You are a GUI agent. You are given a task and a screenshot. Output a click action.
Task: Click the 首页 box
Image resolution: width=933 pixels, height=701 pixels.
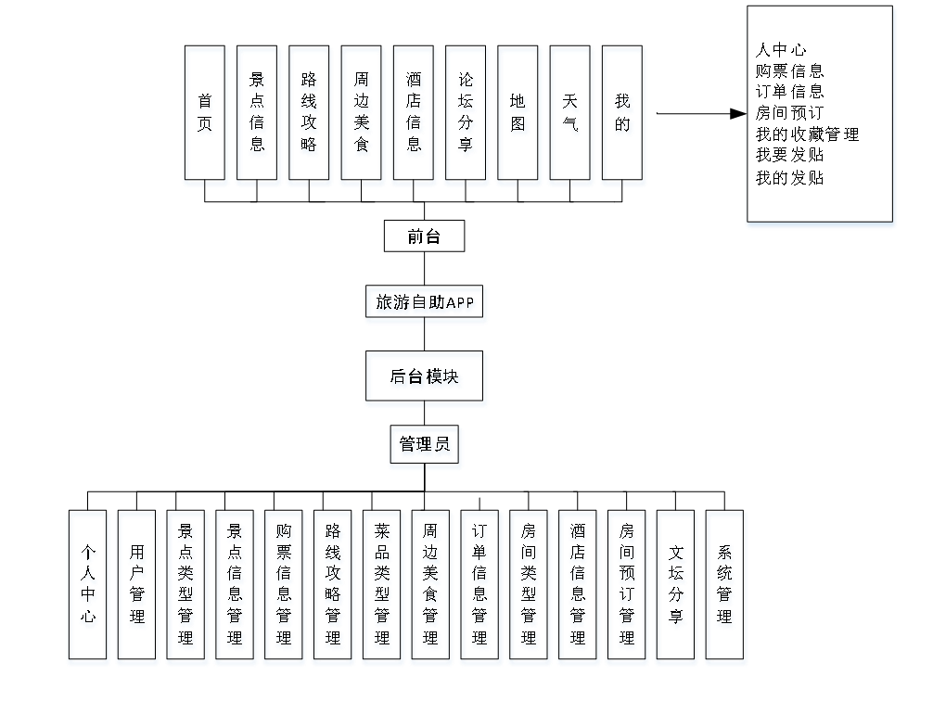pyautogui.click(x=206, y=116)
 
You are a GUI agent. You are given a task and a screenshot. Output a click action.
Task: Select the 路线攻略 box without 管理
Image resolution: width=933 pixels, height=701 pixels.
pyautogui.click(x=310, y=116)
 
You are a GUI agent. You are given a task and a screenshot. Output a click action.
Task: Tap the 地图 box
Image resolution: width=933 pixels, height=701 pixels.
pyautogui.click(x=519, y=116)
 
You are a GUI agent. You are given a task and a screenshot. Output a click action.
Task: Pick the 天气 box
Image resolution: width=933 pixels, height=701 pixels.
pyautogui.click(x=571, y=116)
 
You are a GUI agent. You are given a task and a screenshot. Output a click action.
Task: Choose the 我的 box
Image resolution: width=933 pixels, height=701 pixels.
pyautogui.click(x=624, y=116)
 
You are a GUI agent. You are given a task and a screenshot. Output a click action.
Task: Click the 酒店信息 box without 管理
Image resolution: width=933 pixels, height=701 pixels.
pyautogui.click(x=414, y=116)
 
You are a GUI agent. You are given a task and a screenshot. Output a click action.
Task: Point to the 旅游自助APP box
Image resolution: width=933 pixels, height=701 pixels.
pyautogui.click(x=426, y=304)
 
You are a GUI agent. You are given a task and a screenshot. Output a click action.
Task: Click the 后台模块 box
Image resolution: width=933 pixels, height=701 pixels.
pyautogui.click(x=426, y=378)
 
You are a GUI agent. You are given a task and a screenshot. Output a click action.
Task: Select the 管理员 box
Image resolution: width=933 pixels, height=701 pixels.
pyautogui.click(x=426, y=447)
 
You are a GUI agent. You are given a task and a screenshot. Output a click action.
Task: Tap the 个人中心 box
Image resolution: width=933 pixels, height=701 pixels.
pyautogui.click(x=88, y=587)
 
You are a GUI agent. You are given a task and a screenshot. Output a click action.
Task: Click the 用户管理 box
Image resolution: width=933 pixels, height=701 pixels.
pyautogui.click(x=138, y=587)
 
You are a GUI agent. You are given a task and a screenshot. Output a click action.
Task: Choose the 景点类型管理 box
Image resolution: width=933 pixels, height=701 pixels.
pyautogui.click(x=187, y=587)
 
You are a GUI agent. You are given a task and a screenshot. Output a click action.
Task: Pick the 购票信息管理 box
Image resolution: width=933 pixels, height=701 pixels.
pyautogui.click(x=285, y=587)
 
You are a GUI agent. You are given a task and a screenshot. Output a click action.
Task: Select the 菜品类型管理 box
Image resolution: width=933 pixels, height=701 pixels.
pyautogui.click(x=383, y=587)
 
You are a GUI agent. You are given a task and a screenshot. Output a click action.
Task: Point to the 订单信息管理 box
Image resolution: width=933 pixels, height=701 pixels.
pyautogui.click(x=481, y=587)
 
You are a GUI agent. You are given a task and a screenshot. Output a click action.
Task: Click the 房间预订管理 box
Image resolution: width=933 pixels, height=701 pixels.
pyautogui.click(x=628, y=587)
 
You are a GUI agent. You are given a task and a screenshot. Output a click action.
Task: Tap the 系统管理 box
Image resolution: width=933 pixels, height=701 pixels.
pyautogui.click(x=725, y=587)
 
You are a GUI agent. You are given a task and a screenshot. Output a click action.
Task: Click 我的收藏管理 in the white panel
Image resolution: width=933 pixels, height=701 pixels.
pyautogui.click(x=807, y=134)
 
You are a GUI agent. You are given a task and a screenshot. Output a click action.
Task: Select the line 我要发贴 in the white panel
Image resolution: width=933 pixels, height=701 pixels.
pyautogui.click(x=789, y=156)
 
